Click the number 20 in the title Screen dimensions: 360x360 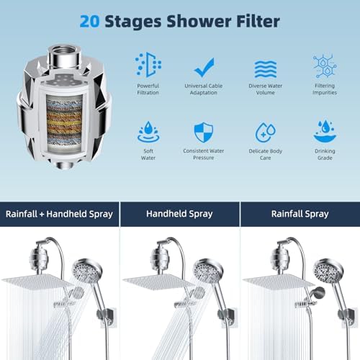(91, 22)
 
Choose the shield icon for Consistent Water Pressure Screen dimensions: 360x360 (204, 132)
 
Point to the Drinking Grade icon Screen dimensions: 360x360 (325, 131)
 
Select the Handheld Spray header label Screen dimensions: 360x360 (179, 214)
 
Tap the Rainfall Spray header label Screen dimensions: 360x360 (299, 214)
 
